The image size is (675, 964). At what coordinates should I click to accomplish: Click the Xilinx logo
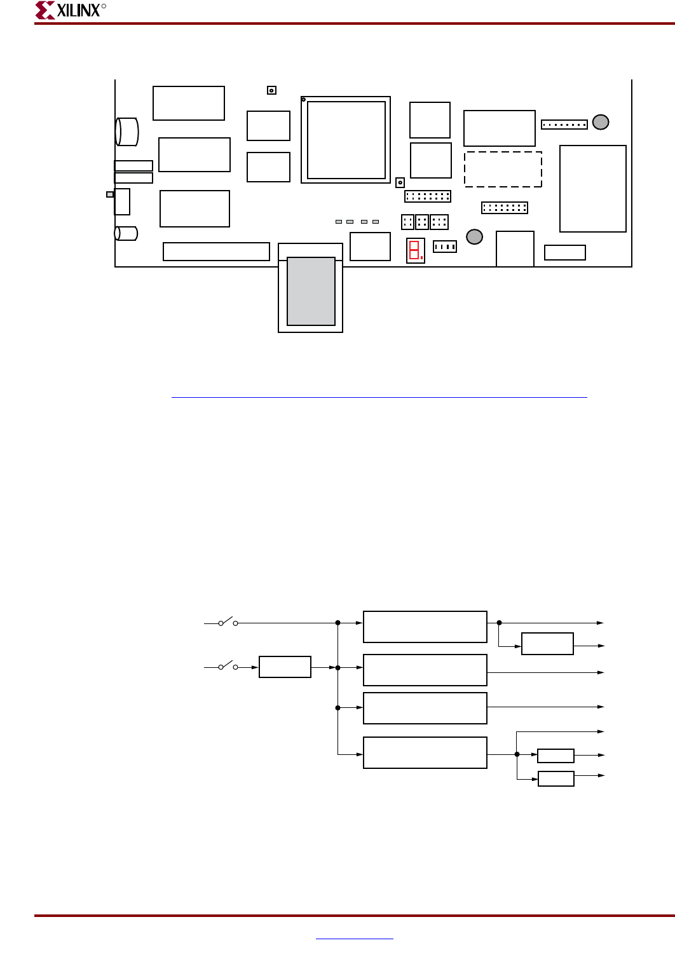(x=70, y=10)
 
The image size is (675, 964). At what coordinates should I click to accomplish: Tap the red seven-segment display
(x=416, y=250)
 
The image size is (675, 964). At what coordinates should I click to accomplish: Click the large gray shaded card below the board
(x=311, y=291)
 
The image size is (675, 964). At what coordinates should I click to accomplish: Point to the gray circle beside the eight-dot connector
(x=601, y=122)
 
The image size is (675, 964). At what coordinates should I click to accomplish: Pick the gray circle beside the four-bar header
(x=474, y=236)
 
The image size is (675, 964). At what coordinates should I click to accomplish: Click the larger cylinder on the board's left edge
(x=126, y=132)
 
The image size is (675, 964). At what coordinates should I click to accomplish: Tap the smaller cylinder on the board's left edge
(x=126, y=233)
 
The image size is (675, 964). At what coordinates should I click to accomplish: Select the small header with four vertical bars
(x=445, y=247)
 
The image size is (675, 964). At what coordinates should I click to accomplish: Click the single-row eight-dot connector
(x=564, y=125)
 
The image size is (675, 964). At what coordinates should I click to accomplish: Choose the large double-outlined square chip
(x=346, y=140)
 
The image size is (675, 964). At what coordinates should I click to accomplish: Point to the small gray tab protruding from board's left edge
(x=110, y=194)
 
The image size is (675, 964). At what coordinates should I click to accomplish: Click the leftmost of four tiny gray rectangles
(x=339, y=222)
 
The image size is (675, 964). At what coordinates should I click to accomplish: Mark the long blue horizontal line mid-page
(x=379, y=397)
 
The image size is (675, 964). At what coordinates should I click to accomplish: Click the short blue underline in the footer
(x=354, y=939)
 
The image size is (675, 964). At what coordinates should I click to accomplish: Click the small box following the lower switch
(x=285, y=667)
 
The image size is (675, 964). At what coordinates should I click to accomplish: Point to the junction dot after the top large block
(x=500, y=623)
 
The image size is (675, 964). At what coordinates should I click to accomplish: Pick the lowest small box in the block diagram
(x=556, y=779)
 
